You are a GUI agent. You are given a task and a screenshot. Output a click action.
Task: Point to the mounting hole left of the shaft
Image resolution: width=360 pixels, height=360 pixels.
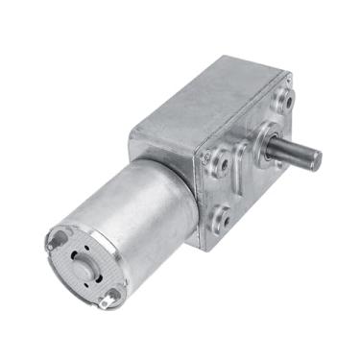click(x=223, y=164)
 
